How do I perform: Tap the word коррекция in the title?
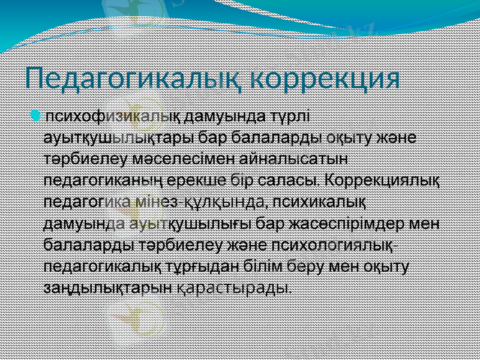point(325,79)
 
